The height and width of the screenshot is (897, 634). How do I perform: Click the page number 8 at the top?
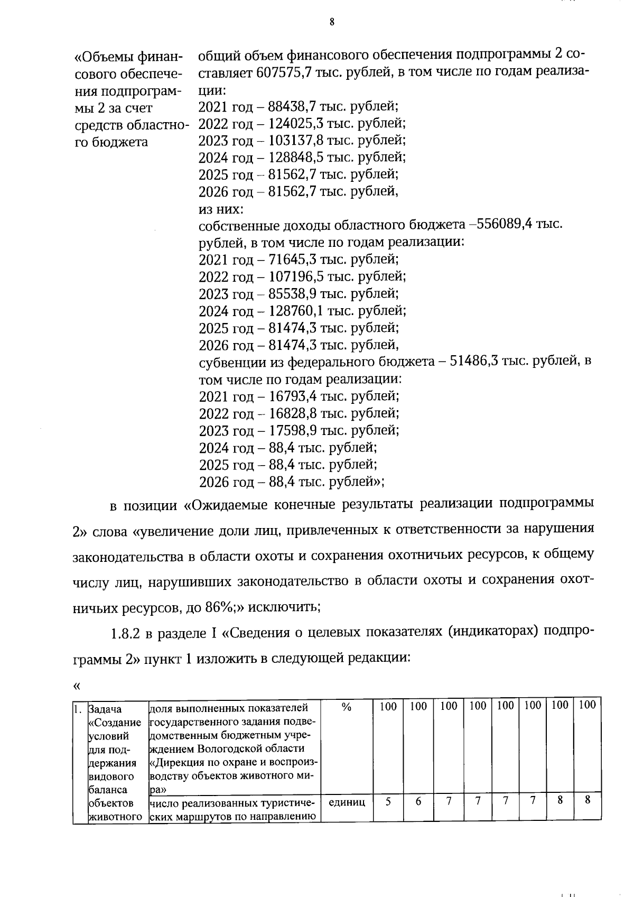pos(332,22)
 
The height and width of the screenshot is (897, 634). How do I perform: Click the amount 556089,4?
pos(505,224)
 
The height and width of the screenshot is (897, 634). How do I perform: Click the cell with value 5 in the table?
pos(388,801)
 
